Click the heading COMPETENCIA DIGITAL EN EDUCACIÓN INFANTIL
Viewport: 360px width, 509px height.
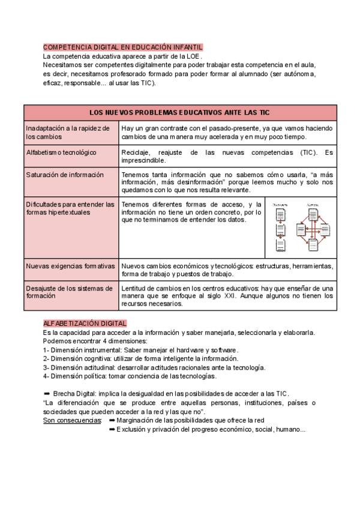click(x=123, y=47)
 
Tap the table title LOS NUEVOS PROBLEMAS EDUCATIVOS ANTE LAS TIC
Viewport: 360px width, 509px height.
click(x=179, y=112)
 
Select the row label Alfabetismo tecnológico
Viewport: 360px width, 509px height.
click(x=61, y=152)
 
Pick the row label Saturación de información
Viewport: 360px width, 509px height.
click(x=65, y=175)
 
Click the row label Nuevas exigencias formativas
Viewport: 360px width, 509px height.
click(x=70, y=266)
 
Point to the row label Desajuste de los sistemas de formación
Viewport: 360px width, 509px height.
click(x=69, y=292)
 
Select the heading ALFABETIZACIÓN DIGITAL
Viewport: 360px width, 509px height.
click(x=85, y=324)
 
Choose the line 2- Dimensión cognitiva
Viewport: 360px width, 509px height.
click(x=132, y=359)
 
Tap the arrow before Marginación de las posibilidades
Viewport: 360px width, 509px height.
click(x=112, y=420)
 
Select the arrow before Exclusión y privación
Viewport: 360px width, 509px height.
click(x=112, y=429)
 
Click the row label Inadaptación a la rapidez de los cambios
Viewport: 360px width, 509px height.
click(x=68, y=132)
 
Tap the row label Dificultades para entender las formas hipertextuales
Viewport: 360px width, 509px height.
click(x=70, y=208)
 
